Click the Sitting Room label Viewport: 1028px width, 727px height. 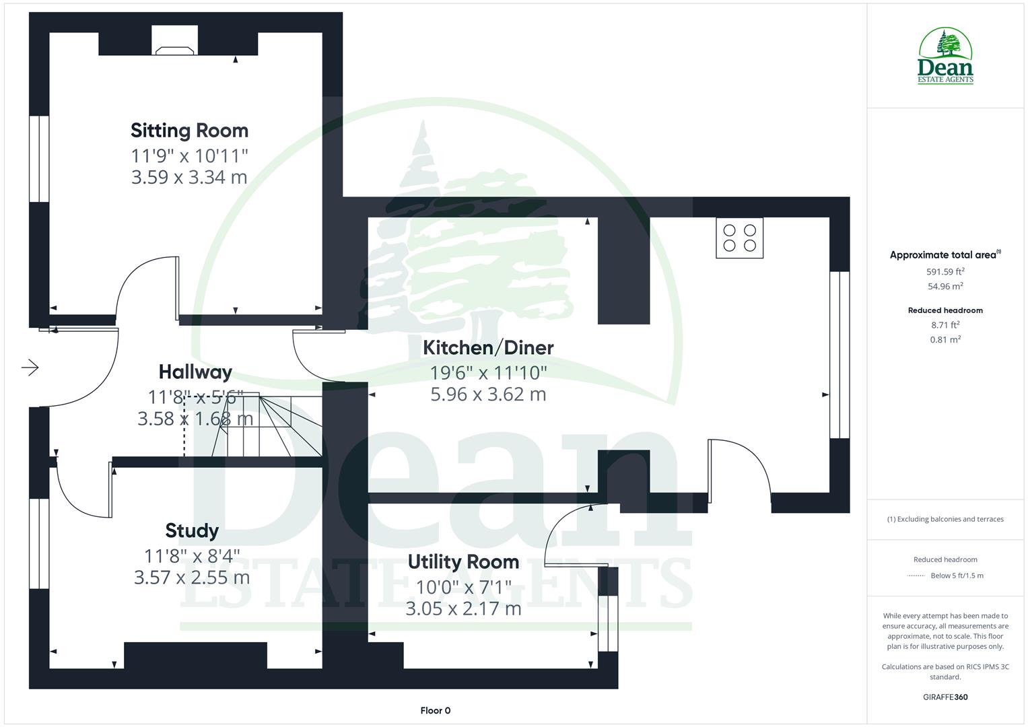point(189,131)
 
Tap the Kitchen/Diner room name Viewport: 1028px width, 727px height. point(488,348)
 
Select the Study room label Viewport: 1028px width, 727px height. point(192,531)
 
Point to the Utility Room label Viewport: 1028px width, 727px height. point(463,562)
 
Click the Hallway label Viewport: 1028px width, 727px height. point(195,372)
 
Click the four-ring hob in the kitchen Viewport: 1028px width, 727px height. point(739,238)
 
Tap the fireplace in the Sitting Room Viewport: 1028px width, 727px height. point(175,42)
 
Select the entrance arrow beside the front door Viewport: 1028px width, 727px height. point(30,368)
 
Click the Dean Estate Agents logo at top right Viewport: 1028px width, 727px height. point(945,57)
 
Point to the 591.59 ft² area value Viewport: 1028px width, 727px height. point(945,272)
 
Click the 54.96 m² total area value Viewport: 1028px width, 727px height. point(945,287)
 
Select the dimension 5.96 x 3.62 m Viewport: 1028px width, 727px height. point(488,394)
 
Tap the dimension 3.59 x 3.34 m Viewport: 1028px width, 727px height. point(189,178)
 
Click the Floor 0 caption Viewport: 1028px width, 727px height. point(435,711)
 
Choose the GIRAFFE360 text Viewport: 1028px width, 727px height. point(945,697)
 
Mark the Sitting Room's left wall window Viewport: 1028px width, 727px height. point(39,159)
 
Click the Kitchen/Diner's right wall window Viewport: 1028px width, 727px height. point(839,355)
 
